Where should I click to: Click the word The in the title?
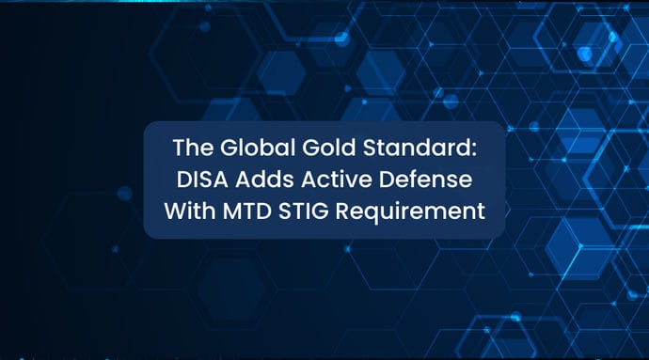click(191, 149)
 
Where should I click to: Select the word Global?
click(247, 149)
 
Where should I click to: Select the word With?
click(190, 211)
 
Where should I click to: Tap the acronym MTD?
click(247, 211)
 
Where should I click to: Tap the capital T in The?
click(179, 149)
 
